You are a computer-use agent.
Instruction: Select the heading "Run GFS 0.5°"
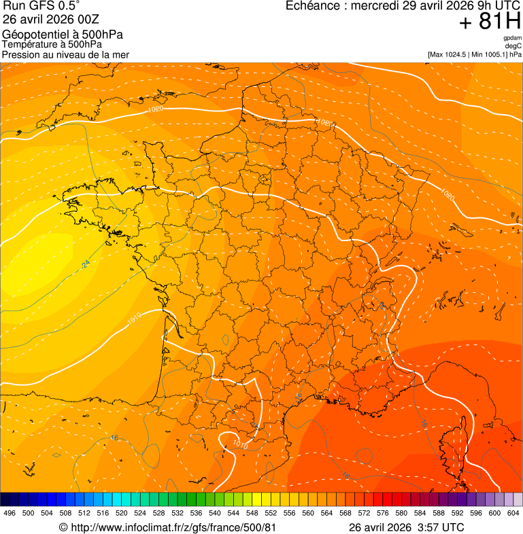pyautogui.click(x=41, y=7)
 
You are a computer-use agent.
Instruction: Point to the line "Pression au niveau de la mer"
pyautogui.click(x=65, y=54)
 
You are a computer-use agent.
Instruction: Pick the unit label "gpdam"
pyautogui.click(x=512, y=38)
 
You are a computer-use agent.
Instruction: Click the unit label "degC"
pyautogui.click(x=513, y=46)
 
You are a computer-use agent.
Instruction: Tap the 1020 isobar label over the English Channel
pyautogui.click(x=156, y=109)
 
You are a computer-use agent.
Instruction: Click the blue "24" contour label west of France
pyautogui.click(x=86, y=264)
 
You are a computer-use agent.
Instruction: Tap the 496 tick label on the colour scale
pyautogui.click(x=10, y=513)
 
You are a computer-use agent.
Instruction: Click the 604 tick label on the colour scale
pyautogui.click(x=513, y=513)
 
